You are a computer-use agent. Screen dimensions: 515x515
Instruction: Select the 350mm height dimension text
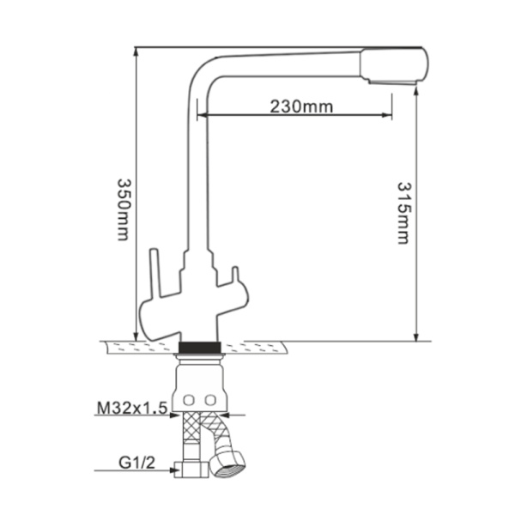[x=123, y=209]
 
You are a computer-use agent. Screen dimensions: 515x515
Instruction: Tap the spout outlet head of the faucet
[x=393, y=66]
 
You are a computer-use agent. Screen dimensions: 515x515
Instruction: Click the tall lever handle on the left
[x=153, y=275]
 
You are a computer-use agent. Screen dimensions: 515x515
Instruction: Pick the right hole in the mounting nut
[x=210, y=401]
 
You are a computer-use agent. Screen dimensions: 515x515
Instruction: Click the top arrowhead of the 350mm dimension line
[x=135, y=51]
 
